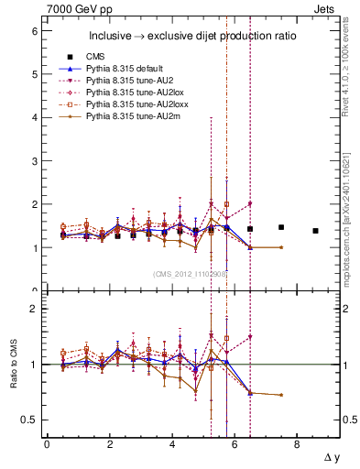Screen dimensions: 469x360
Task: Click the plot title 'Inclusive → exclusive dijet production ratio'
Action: pos(190,37)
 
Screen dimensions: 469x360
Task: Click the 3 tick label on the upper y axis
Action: pos(34,160)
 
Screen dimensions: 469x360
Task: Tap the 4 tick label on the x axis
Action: pos(172,444)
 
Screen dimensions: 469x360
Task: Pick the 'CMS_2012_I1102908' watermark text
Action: pos(191,273)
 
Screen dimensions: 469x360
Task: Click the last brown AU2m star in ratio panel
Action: pos(281,395)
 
